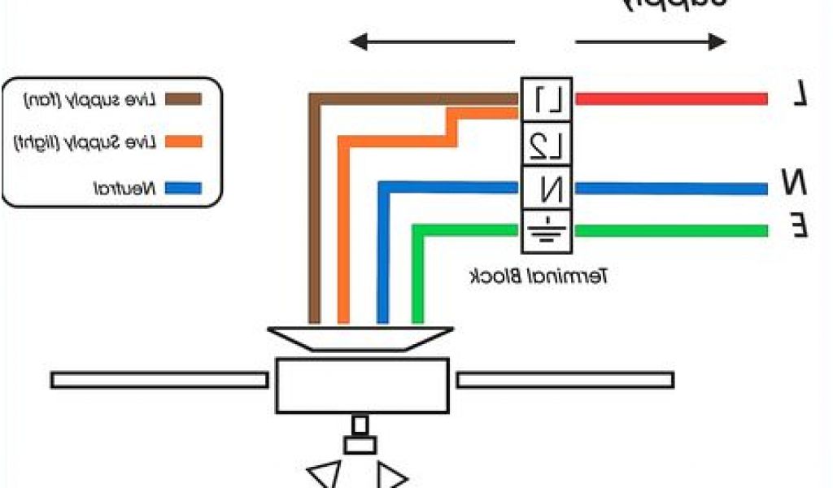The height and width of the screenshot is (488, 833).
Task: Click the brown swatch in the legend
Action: coord(183,99)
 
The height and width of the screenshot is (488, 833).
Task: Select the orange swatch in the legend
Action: coord(183,142)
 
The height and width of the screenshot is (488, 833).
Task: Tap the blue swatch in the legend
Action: coord(183,190)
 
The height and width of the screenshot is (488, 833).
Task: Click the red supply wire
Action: coord(671,98)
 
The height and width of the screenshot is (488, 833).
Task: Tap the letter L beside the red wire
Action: coord(800,96)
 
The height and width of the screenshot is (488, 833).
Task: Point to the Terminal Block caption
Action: coord(539,276)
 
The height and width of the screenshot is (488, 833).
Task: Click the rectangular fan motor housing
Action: coord(362,385)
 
